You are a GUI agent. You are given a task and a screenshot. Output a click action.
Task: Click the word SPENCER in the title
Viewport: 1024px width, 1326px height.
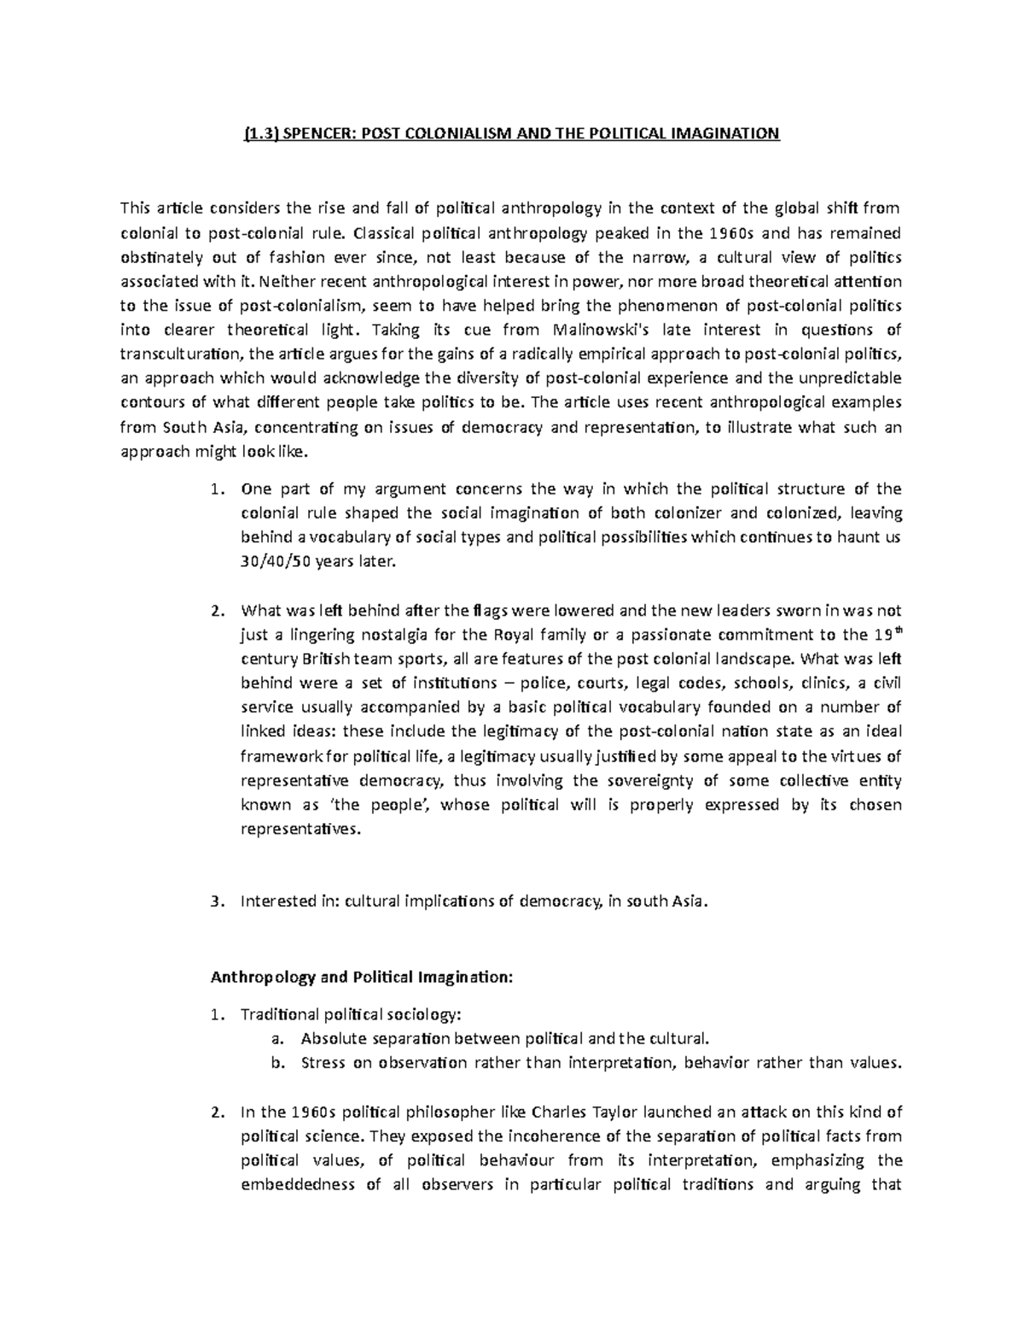(x=317, y=133)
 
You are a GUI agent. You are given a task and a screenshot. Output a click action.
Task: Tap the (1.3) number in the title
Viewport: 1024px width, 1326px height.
(x=260, y=133)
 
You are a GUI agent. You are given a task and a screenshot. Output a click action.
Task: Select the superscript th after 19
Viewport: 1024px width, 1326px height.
(x=895, y=630)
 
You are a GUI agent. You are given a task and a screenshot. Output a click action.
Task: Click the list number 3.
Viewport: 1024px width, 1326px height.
(x=216, y=902)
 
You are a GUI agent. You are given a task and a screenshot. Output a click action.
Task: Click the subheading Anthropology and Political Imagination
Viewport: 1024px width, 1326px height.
(x=363, y=978)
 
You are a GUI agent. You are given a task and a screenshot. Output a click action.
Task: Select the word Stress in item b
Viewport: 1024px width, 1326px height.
(x=322, y=1063)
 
